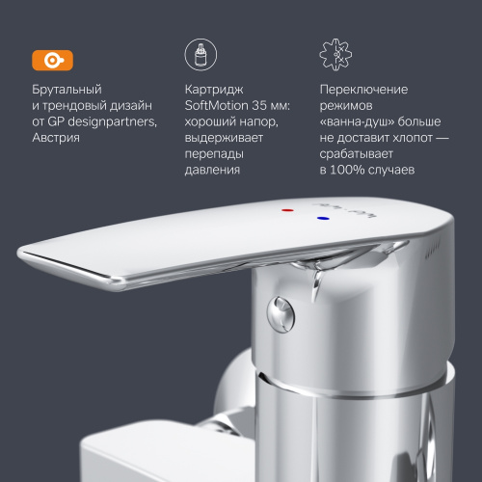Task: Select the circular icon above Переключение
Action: tap(333, 56)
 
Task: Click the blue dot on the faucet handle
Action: tap(321, 220)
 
